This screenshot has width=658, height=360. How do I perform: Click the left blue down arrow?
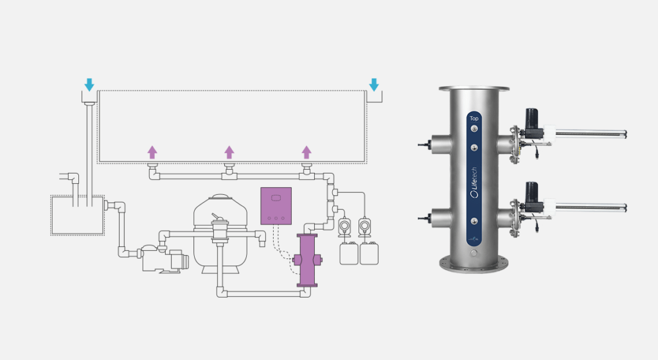point(89,84)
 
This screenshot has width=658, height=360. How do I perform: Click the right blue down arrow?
point(374,84)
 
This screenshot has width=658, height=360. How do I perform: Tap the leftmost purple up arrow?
point(152,152)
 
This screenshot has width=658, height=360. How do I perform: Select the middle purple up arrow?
point(229,152)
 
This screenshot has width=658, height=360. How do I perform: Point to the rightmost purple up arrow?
point(307,152)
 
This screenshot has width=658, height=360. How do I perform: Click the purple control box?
point(276,206)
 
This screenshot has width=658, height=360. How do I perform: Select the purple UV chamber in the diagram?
point(307,260)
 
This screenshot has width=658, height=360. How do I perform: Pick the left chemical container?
point(349,253)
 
